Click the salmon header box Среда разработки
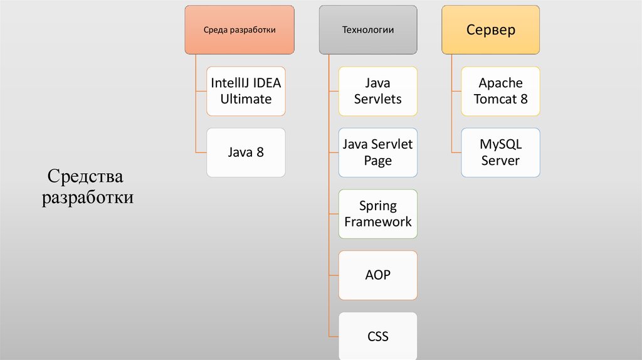[x=239, y=29]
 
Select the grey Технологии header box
[x=368, y=29]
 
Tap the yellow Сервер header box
[x=490, y=29]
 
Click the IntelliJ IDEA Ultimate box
[x=246, y=91]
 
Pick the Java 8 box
[x=246, y=152]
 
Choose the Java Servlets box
[x=377, y=91]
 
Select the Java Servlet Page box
[x=377, y=152]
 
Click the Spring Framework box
[x=377, y=214]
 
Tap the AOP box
[x=377, y=275]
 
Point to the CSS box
[x=377, y=336]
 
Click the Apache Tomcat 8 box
[x=500, y=91]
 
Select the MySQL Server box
[x=500, y=152]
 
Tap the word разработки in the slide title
[x=87, y=198]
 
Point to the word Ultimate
[x=246, y=99]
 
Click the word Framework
[x=377, y=222]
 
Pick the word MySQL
[x=500, y=144]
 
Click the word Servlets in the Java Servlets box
[x=377, y=99]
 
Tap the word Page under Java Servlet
[x=377, y=161]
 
